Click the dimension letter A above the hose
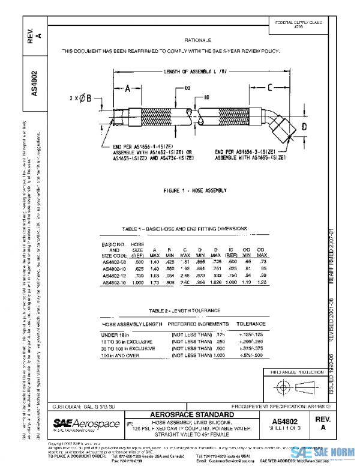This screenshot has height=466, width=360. [x=128, y=89]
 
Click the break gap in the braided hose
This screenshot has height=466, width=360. [x=191, y=113]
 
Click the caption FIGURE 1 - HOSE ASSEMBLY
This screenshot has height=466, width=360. [x=195, y=190]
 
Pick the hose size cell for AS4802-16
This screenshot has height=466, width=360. [x=138, y=282]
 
